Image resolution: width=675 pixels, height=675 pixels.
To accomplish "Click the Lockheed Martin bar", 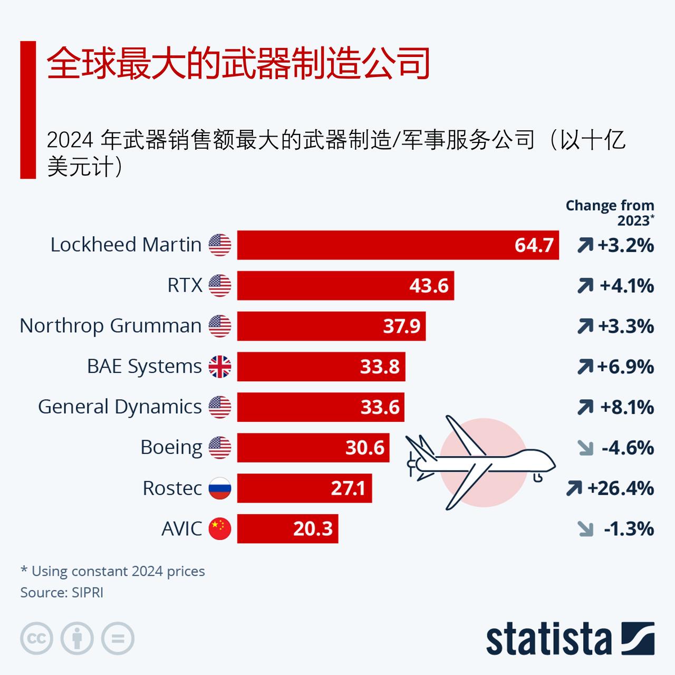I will [x=398, y=245].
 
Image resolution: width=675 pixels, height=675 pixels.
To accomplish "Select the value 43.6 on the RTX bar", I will [x=429, y=286].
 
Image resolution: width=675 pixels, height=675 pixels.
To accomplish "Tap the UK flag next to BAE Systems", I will [x=220, y=367].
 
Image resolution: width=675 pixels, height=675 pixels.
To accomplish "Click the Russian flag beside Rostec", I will [x=220, y=488].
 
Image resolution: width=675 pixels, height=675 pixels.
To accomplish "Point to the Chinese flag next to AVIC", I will [x=220, y=528].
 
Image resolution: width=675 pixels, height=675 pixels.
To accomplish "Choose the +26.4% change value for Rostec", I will [x=621, y=488].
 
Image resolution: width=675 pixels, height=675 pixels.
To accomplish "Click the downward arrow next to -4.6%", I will [x=585, y=448].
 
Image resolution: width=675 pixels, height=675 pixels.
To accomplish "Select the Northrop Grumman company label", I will [x=111, y=326].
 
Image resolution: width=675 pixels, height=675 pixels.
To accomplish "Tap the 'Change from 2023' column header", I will [x=610, y=213].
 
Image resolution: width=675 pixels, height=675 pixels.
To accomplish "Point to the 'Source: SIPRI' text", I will [x=62, y=593].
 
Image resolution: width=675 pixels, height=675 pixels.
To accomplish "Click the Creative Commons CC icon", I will [x=36, y=639].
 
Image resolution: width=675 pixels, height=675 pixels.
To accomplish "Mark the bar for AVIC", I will [x=287, y=528].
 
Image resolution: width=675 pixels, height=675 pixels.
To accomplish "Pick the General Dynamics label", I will [x=120, y=407].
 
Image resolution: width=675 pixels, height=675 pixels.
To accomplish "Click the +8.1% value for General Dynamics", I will [x=627, y=407].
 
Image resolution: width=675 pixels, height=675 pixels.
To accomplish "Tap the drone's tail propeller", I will [x=412, y=464].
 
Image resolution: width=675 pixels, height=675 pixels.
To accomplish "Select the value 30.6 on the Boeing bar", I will [x=365, y=448].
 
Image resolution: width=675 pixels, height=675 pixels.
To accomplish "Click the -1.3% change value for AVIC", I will [x=629, y=528].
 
